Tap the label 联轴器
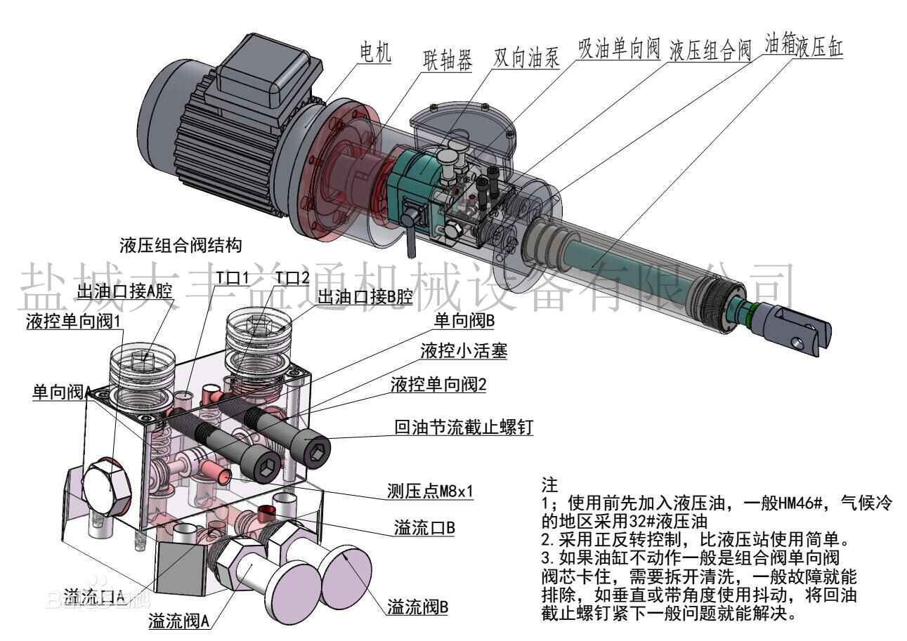[447, 59]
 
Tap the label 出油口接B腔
[365, 298]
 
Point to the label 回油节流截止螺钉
[464, 427]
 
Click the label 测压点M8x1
[430, 491]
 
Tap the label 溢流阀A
[179, 621]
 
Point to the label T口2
[292, 279]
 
